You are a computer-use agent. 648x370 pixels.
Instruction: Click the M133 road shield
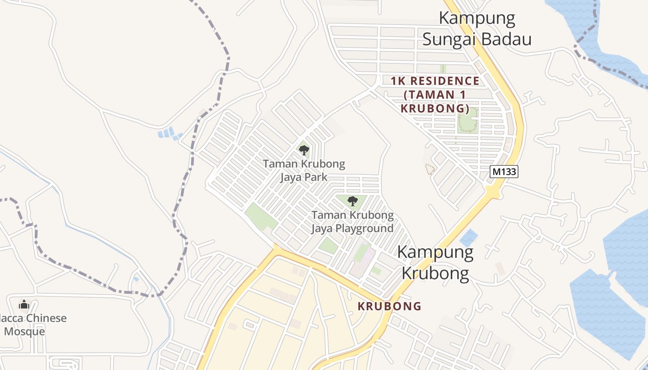click(x=504, y=172)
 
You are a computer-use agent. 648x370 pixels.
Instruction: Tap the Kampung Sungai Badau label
click(x=477, y=29)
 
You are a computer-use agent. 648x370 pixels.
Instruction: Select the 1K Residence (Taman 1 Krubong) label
click(x=435, y=95)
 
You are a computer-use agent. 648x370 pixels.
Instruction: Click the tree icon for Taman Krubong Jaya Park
click(x=304, y=150)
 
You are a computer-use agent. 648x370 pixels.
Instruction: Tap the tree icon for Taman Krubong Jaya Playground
click(x=353, y=201)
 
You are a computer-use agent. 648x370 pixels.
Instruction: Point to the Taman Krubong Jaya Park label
click(x=304, y=170)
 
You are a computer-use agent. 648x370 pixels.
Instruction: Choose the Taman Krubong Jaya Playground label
click(x=352, y=222)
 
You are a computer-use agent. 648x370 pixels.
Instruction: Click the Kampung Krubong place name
click(x=435, y=263)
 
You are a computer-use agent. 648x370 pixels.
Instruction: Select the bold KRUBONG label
click(x=389, y=306)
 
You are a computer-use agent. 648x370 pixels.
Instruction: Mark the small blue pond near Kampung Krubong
click(x=468, y=237)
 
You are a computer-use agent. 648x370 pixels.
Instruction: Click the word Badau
click(x=505, y=40)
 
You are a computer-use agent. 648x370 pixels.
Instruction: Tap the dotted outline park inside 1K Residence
click(x=467, y=121)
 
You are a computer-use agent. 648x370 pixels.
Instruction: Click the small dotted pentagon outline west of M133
click(x=430, y=169)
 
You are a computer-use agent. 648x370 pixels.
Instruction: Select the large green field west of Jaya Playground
click(x=260, y=216)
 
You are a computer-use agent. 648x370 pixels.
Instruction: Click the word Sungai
click(x=450, y=40)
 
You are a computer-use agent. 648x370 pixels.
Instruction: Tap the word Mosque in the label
click(x=25, y=332)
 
